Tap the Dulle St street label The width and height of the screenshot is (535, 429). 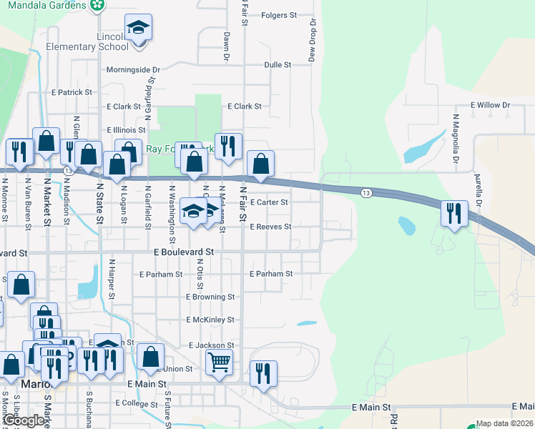pos(278,64)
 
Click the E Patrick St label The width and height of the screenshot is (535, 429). pos(72,92)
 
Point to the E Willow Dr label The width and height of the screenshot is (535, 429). pos(490,105)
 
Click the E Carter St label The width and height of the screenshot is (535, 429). pos(268,202)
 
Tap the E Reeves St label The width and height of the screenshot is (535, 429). pos(270,227)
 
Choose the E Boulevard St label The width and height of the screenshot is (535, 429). pos(185,252)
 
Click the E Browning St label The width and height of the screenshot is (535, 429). pos(210,297)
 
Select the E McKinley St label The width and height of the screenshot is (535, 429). pos(210,320)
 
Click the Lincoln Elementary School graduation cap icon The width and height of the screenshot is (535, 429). pos(138,29)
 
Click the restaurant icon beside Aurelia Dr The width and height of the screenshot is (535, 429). pos(454,213)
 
